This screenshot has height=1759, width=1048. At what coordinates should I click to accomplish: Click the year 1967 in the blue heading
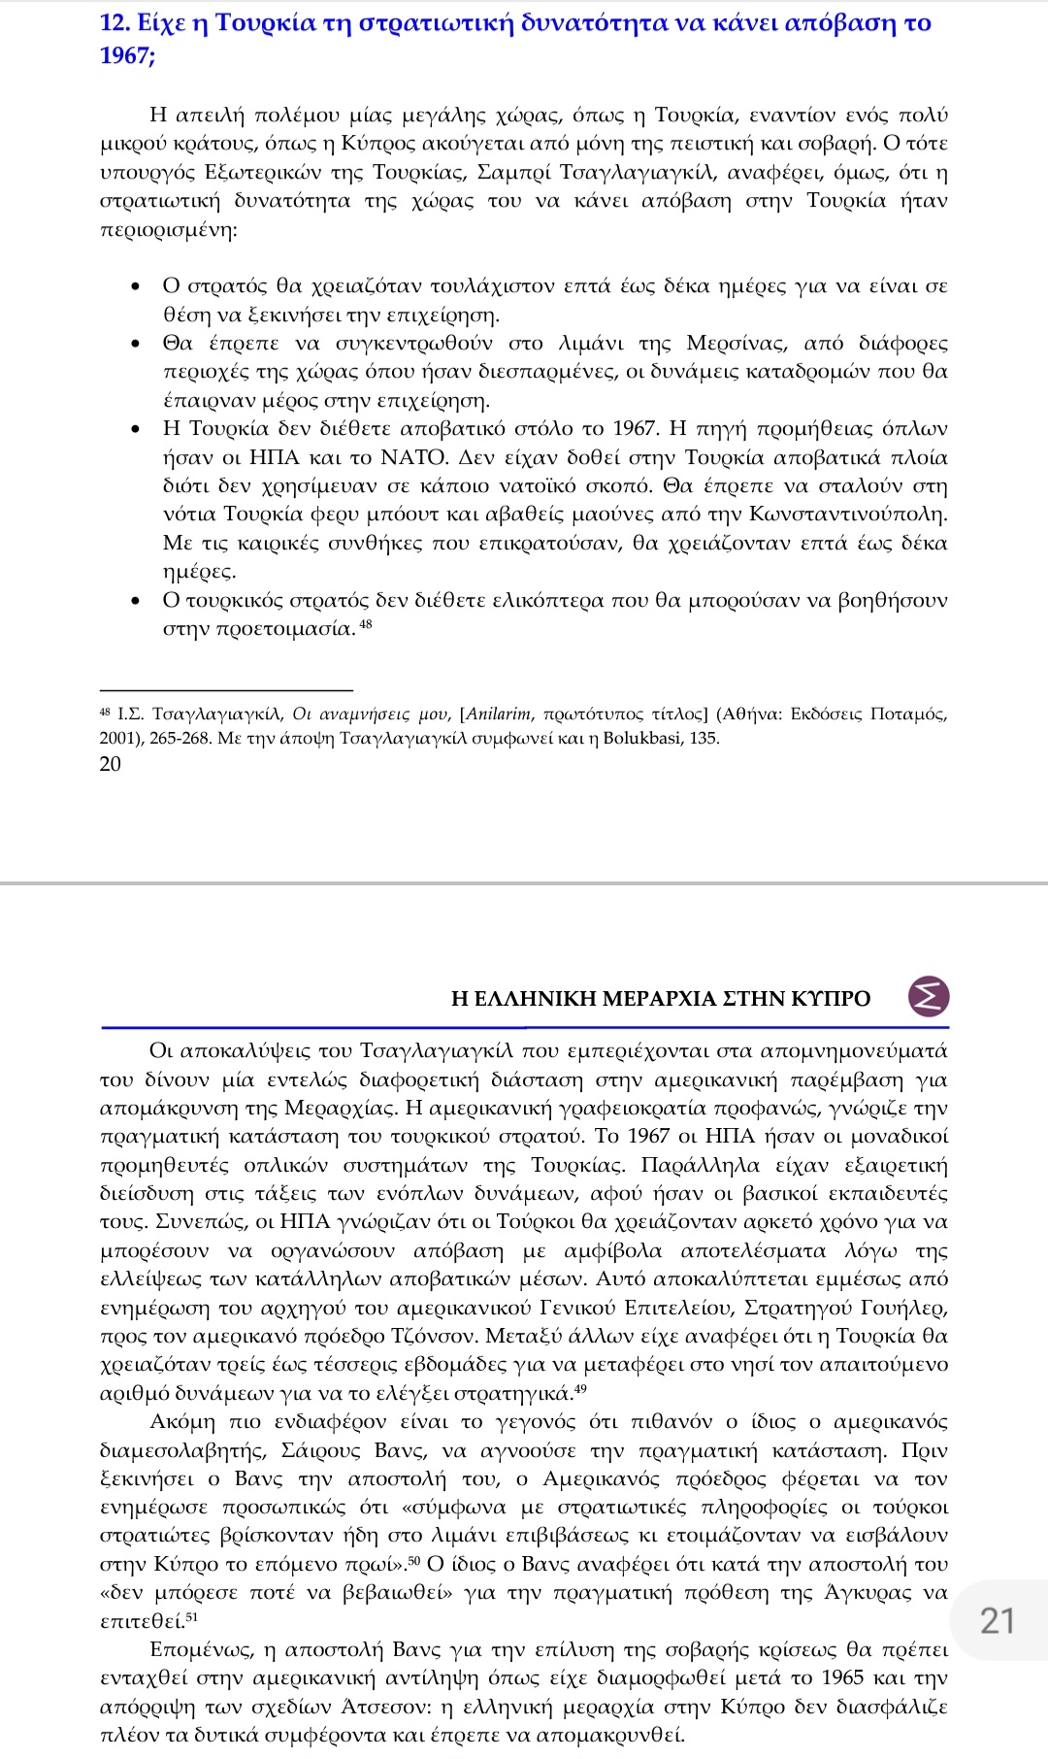click(x=123, y=55)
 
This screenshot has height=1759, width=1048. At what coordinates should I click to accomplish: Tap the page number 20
click(x=111, y=764)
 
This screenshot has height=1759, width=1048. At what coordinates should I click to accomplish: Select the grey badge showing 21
click(x=997, y=1620)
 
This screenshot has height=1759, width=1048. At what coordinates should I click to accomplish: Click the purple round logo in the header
click(x=929, y=997)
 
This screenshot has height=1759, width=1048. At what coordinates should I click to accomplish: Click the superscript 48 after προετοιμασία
click(x=366, y=624)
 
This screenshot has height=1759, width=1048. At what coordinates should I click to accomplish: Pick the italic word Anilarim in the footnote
click(x=499, y=714)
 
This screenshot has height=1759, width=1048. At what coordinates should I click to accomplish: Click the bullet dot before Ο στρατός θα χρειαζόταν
click(x=137, y=287)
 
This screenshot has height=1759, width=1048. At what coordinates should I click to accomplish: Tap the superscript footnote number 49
click(x=579, y=1389)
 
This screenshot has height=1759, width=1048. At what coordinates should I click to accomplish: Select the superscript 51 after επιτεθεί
click(x=191, y=1617)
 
